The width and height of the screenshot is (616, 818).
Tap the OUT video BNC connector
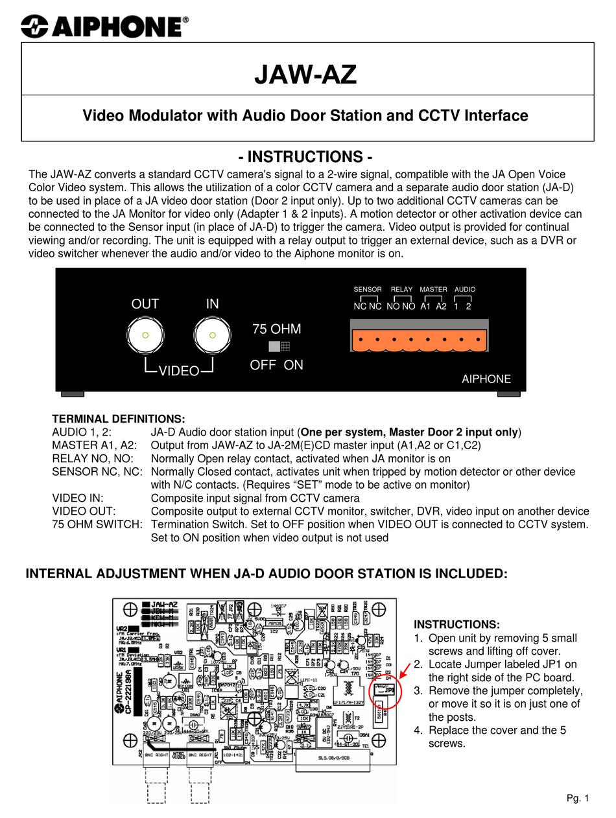(145, 335)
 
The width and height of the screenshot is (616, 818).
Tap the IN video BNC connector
(212, 335)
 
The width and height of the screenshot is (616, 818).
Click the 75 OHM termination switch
(279, 347)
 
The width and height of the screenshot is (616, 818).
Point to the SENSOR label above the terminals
(368, 289)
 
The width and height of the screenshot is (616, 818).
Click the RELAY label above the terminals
(401, 289)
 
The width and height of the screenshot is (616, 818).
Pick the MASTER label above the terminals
(433, 289)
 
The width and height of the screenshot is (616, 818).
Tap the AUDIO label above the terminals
(465, 289)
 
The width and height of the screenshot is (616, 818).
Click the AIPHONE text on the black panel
(486, 379)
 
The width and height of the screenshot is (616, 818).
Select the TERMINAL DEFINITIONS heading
(119, 419)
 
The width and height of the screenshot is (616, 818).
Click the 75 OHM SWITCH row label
(97, 524)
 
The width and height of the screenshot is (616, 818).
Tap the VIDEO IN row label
(78, 498)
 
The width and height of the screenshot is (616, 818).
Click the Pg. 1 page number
(578, 798)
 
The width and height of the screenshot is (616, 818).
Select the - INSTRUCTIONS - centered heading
(305, 157)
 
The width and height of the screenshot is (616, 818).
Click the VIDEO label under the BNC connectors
(179, 371)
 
